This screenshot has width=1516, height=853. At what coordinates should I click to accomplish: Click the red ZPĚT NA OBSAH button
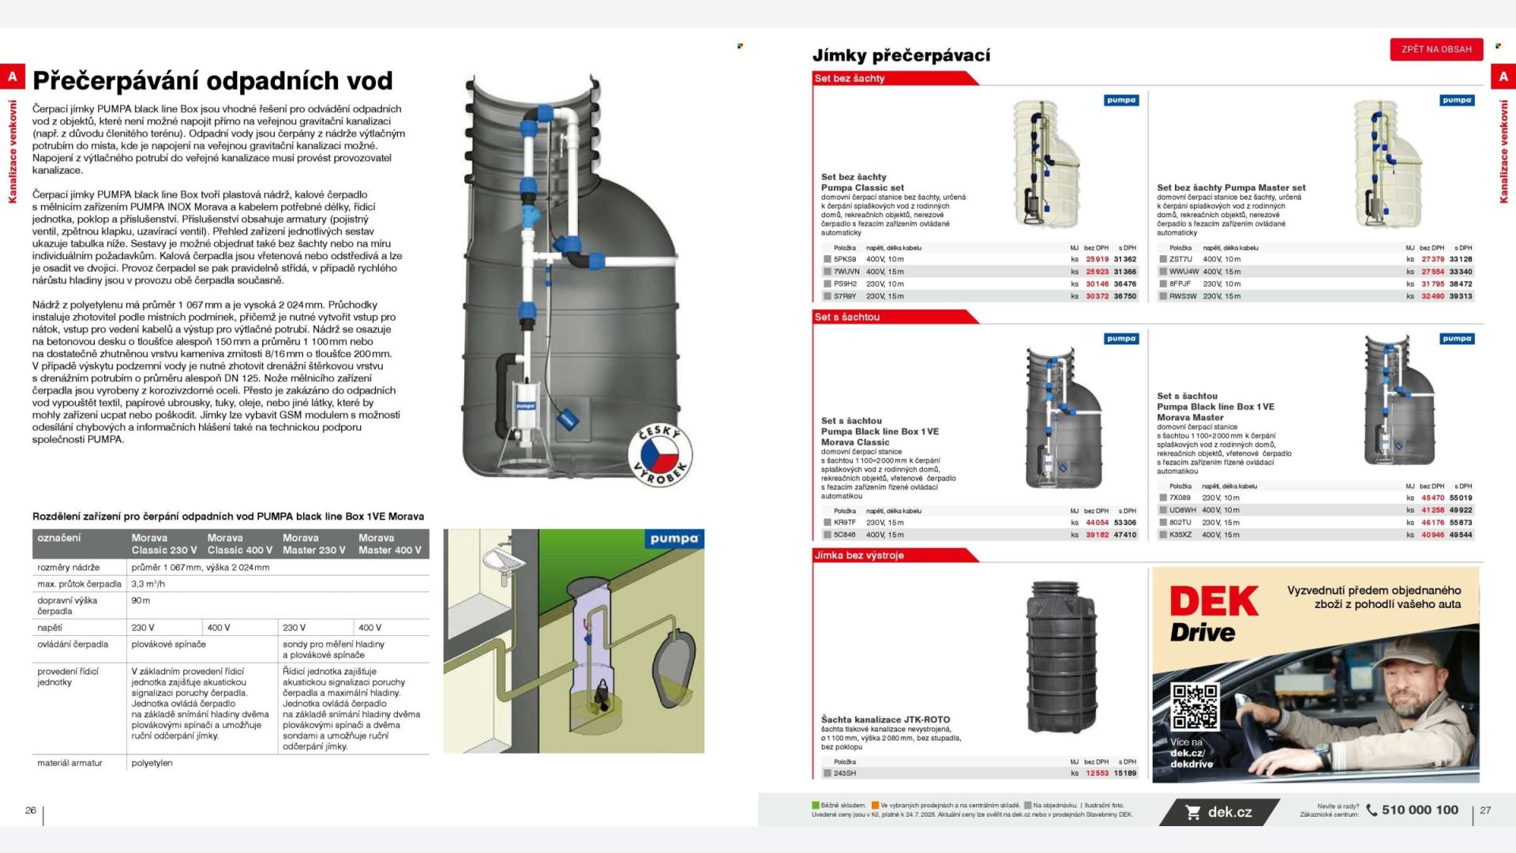[1436, 49]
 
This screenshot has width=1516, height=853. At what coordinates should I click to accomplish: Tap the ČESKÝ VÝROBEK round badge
[660, 456]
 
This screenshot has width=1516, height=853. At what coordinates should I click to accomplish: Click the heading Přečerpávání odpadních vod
[212, 81]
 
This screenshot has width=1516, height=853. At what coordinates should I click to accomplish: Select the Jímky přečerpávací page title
[901, 55]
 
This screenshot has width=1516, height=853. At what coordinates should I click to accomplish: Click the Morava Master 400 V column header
[390, 543]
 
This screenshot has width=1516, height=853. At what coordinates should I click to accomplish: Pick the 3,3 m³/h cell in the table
[148, 584]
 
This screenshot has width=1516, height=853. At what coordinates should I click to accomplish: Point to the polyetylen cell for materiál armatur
[152, 763]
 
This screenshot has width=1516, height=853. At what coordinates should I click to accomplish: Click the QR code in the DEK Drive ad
[1195, 705]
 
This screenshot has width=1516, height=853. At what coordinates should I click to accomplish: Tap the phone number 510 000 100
[1420, 810]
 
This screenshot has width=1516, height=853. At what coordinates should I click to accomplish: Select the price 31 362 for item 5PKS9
[1125, 259]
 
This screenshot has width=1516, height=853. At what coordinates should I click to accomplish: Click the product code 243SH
[844, 773]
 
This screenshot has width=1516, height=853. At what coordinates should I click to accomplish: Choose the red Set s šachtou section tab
[847, 317]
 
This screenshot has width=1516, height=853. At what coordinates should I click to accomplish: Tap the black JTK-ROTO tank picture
[1061, 657]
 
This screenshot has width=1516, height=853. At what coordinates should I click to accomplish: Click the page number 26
[31, 810]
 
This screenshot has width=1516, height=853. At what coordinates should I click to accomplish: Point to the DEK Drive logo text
[1213, 614]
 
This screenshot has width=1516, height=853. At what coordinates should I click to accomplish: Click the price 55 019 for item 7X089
[1461, 498]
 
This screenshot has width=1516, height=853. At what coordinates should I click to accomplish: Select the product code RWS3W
[1183, 296]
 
